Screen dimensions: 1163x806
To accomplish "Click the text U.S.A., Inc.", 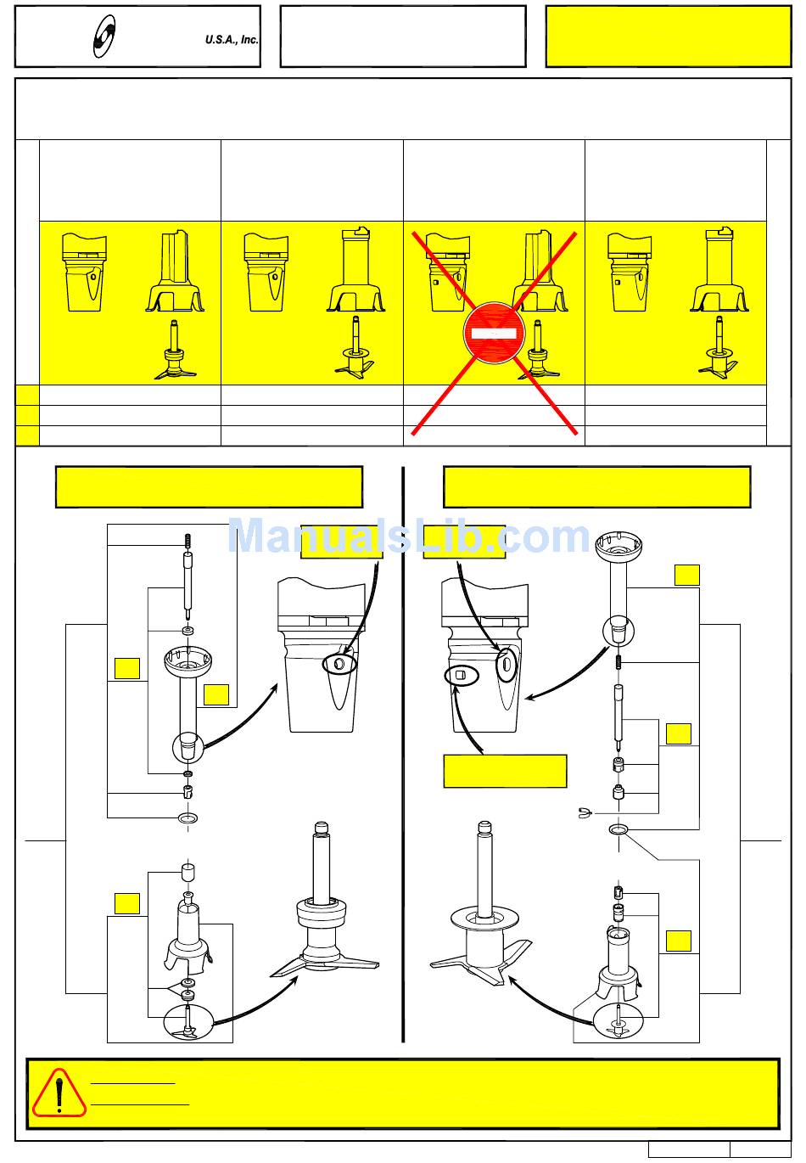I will (x=232, y=40).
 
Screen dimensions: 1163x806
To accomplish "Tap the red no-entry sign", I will (x=494, y=334).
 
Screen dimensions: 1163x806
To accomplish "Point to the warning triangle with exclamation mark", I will (x=59, y=1093).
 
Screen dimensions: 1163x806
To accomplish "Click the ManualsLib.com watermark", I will (x=409, y=537).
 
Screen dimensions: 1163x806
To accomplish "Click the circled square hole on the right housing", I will (x=462, y=676).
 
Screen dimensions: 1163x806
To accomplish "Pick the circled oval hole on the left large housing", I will (x=339, y=665).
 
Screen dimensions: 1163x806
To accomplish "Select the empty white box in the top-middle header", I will (x=402, y=37).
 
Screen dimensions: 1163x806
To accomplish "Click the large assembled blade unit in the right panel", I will (x=481, y=925).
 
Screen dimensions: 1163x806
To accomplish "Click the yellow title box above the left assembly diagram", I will (x=209, y=486).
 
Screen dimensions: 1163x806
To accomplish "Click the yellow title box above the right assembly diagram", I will (x=596, y=486).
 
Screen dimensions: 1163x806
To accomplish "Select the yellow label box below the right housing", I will (x=505, y=771).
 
